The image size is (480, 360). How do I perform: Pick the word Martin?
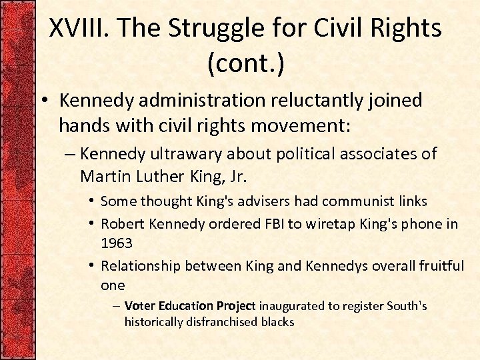click(x=102, y=176)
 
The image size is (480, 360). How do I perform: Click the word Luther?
click(x=153, y=176)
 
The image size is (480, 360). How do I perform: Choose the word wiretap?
click(x=326, y=224)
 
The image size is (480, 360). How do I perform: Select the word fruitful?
click(x=439, y=266)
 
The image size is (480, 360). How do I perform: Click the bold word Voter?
click(x=139, y=306)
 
